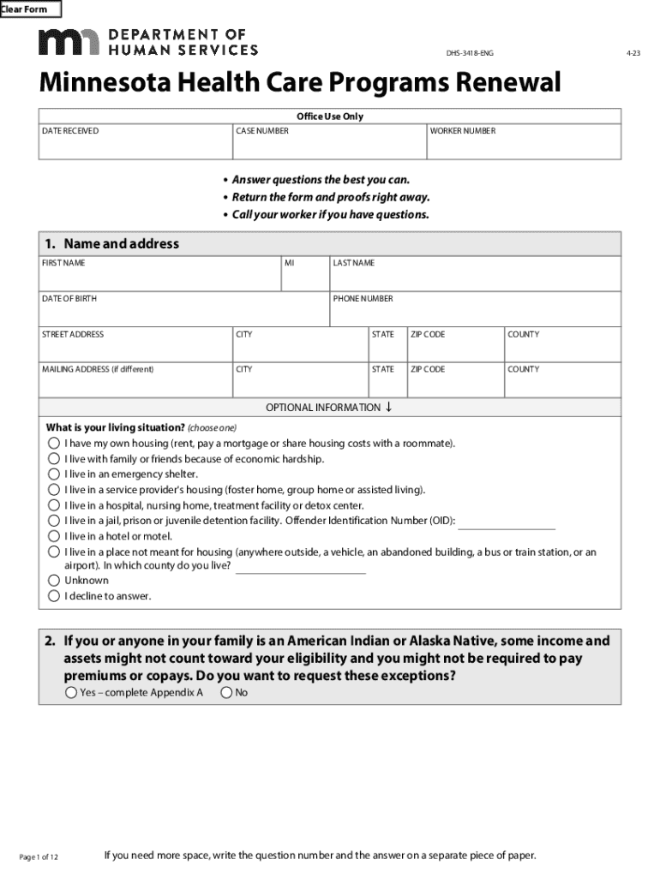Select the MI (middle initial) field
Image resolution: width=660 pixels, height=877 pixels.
coord(304,278)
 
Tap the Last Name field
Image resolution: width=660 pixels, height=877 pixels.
coord(475,278)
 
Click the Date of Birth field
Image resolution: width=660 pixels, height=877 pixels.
coord(183,313)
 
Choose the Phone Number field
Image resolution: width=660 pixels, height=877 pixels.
coord(475,313)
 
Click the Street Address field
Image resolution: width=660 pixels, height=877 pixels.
coord(135,349)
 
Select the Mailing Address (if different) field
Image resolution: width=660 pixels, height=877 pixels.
coord(135,384)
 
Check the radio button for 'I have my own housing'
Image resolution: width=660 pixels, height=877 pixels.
coord(54,444)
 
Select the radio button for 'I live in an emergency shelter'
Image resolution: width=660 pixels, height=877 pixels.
coord(54,474)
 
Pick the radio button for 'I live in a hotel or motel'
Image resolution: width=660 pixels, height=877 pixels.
coord(54,536)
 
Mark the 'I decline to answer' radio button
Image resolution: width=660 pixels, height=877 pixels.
coord(54,596)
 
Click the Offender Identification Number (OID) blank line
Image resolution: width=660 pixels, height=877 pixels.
coord(507,523)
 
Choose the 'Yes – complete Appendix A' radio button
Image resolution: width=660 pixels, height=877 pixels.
coord(71,693)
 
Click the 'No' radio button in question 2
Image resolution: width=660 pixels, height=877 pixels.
coord(226,693)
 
